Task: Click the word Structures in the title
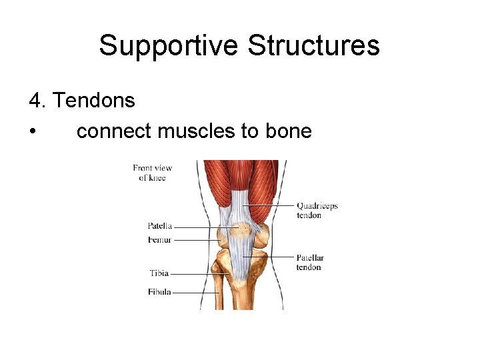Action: pyautogui.click(x=313, y=46)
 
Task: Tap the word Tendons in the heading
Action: pyautogui.click(x=93, y=101)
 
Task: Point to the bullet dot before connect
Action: pyautogui.click(x=33, y=131)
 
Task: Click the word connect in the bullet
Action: pyautogui.click(x=114, y=131)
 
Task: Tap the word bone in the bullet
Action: pyautogui.click(x=289, y=131)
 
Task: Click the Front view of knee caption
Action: pyautogui.click(x=153, y=173)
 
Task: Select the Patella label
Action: pyautogui.click(x=160, y=226)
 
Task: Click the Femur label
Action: pyautogui.click(x=160, y=240)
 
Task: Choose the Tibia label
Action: pyautogui.click(x=159, y=273)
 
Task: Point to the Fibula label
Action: pyautogui.click(x=159, y=291)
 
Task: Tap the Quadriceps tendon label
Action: pyautogui.click(x=317, y=210)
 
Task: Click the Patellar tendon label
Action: pyautogui.click(x=310, y=262)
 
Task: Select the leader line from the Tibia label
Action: pyautogui.click(x=200, y=273)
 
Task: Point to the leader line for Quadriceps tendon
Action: pyautogui.click(x=270, y=205)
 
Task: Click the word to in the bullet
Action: pyautogui.click(x=249, y=131)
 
